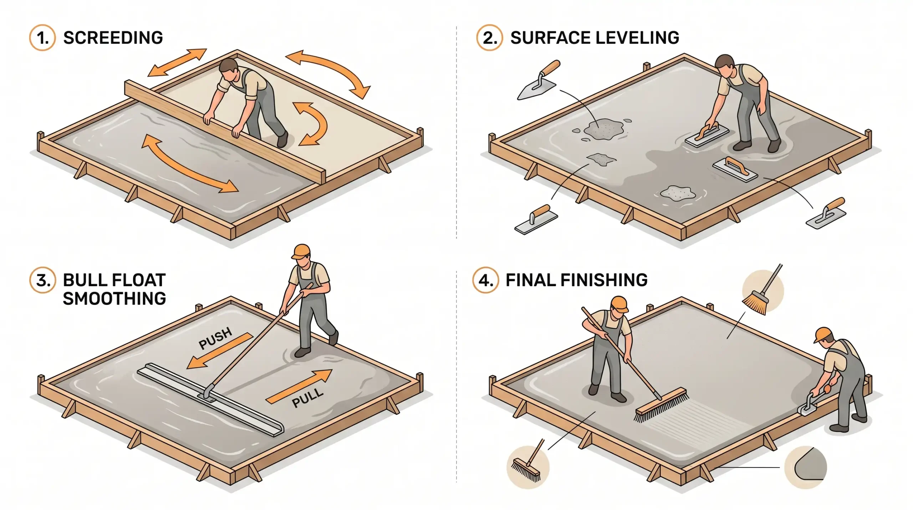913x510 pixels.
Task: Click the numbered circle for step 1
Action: (x=42, y=38)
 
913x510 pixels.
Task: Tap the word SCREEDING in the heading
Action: (x=113, y=38)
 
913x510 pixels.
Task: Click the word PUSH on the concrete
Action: (x=215, y=338)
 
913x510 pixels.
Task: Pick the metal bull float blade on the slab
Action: (x=210, y=400)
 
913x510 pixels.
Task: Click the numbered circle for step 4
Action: (x=485, y=280)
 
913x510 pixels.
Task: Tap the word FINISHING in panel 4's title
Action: (x=604, y=280)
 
